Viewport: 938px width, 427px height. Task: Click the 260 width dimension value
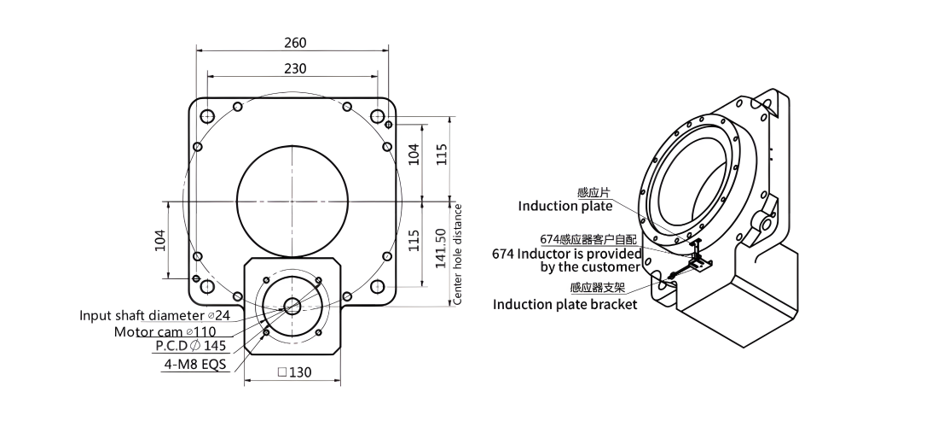(295, 43)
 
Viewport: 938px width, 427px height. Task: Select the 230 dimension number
(295, 68)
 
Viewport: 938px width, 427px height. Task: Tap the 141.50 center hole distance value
(441, 248)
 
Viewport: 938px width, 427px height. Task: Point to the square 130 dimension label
(295, 372)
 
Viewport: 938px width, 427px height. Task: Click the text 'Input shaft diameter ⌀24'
(154, 315)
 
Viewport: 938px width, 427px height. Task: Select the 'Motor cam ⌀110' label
(165, 331)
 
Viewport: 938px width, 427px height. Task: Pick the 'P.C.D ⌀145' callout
(191, 346)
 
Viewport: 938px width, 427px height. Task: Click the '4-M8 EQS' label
(196, 364)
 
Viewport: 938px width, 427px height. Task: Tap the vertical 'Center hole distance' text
(458, 254)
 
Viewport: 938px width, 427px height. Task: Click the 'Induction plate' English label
(565, 206)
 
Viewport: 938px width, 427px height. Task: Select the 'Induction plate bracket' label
(565, 305)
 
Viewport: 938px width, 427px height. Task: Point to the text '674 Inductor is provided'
(567, 254)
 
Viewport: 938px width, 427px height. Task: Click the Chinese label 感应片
(594, 192)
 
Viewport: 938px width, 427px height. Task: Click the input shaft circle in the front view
(292, 306)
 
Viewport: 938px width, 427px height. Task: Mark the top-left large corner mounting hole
(207, 115)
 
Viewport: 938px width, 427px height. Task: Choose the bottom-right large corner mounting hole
(377, 287)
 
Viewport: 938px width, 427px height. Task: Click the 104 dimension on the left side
(160, 240)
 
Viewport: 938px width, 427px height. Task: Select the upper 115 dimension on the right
(441, 155)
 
